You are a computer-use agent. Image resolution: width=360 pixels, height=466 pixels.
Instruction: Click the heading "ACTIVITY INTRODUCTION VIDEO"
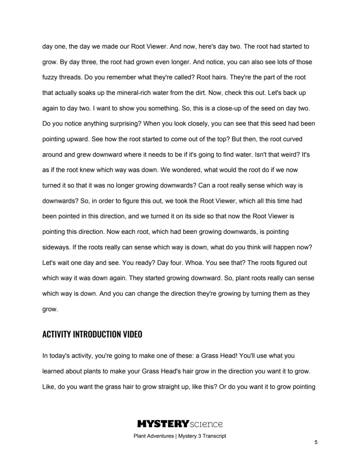(92, 335)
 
